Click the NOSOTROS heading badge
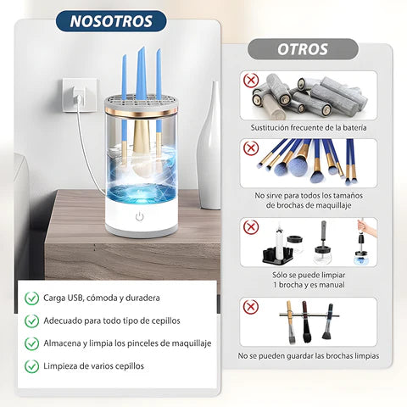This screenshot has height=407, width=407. tap(111, 21)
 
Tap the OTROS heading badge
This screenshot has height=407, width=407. tap(303, 49)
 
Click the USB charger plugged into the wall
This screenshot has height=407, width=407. tap(79, 97)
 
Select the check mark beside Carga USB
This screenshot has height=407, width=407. tap(31, 298)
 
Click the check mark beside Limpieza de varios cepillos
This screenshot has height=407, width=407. tap(31, 366)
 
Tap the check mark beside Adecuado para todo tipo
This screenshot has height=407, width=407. tap(31, 321)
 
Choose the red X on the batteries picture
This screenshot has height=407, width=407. tap(251, 81)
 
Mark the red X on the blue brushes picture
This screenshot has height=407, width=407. tap(251, 148)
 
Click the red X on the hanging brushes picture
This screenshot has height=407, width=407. tap(251, 307)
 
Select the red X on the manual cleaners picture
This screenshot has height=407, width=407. tap(251, 227)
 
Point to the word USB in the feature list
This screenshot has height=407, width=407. tap(75, 298)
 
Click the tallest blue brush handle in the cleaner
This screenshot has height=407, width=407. tap(142, 74)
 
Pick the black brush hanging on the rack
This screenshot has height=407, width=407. tap(307, 322)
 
